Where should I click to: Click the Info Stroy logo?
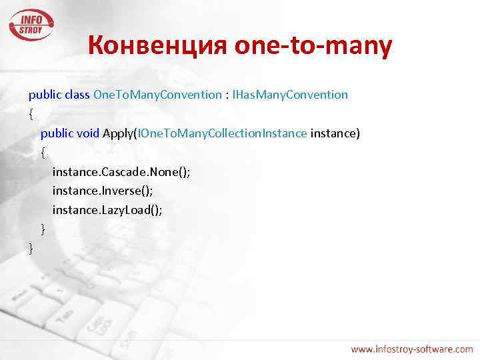31,24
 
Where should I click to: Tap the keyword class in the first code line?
77,95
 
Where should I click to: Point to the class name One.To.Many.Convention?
157,95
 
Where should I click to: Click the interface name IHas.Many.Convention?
289,95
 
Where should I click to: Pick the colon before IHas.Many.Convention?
227,95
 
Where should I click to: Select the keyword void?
88,133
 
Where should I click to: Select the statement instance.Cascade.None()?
121,172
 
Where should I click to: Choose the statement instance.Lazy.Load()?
107,210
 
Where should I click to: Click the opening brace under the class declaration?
31,114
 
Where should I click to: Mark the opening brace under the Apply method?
43,153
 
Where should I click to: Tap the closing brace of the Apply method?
43,229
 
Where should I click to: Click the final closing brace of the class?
31,249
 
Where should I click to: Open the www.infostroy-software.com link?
412,349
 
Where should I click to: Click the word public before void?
57,133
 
